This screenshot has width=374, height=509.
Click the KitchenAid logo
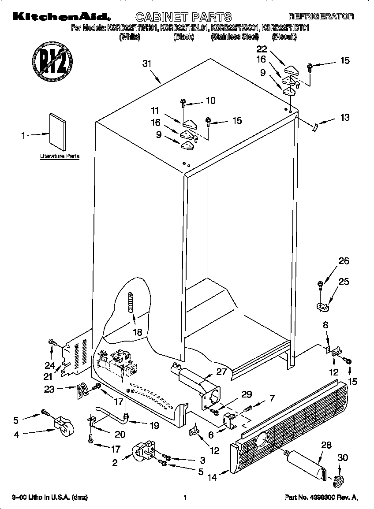[58, 17]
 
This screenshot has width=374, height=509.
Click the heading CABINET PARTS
[183, 17]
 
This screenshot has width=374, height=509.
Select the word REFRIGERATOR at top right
[321, 17]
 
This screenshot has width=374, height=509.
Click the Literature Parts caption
[60, 156]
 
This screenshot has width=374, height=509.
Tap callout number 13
[344, 117]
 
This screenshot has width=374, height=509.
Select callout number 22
[262, 49]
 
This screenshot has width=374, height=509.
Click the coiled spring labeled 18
[131, 302]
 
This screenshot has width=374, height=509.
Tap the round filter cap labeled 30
[337, 481]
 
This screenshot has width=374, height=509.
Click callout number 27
[221, 372]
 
